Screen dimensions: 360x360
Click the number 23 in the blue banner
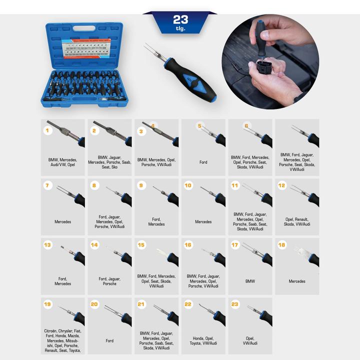pos(180,19)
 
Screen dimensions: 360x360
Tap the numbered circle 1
pos(48,130)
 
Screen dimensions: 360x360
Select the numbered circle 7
pos(48,185)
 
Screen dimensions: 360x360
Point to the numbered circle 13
pos(48,245)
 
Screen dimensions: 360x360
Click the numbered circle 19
pos(48,304)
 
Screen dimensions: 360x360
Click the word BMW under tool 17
pos(250,281)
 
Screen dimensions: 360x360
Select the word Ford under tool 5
pos(203,162)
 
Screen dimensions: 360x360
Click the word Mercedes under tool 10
pos(203,221)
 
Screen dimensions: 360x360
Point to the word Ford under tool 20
pos(109,341)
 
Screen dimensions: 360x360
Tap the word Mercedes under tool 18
pos(297,281)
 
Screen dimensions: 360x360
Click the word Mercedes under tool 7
pos(62,221)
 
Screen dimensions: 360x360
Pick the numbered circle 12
pos(282,185)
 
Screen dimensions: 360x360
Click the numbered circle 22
pos(188,304)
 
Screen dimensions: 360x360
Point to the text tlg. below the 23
pos(180,28)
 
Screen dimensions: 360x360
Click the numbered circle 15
pos(141,245)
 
